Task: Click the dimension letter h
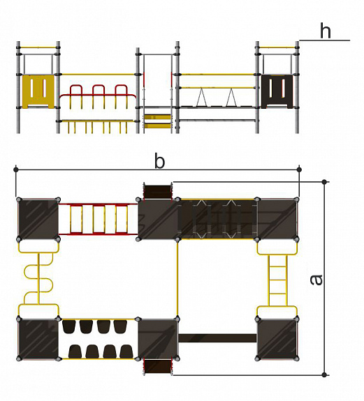tap(326, 31)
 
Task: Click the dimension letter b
tap(159, 161)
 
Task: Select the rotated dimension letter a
tap(316, 280)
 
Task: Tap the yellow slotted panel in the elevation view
tap(38, 91)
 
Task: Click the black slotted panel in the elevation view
tap(277, 91)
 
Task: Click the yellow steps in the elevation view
tap(157, 121)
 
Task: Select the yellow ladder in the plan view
tap(277, 280)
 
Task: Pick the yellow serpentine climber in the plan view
tap(38, 279)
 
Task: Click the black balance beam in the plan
tap(217, 338)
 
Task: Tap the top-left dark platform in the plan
tap(38, 219)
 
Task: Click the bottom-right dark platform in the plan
tap(277, 339)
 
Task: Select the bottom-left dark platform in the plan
tap(38, 339)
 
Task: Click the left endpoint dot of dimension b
tap(16, 169)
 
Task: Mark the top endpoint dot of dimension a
tap(324, 182)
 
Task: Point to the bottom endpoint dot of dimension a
tap(324, 375)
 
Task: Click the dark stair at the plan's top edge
tap(157, 191)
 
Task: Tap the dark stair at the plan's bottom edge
tap(157, 367)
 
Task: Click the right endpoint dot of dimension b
tap(299, 169)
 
